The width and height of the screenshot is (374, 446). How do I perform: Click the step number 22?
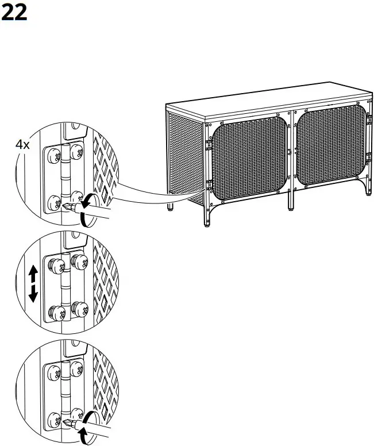tap(14, 12)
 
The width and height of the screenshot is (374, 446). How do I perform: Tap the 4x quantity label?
tap(22, 145)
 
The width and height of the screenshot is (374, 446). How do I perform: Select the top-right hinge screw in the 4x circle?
tap(77, 152)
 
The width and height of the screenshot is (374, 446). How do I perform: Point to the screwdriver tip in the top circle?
tap(66, 205)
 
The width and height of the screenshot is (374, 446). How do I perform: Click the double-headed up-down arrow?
tap(33, 283)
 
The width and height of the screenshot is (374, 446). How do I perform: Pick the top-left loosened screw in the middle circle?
tap(57, 266)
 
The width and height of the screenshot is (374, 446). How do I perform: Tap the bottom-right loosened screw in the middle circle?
tap(80, 309)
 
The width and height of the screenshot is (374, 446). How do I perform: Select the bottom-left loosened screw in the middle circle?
tap(57, 313)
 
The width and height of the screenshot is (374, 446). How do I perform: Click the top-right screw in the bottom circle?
tap(77, 368)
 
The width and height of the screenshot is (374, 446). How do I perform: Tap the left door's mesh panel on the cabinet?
tap(249, 158)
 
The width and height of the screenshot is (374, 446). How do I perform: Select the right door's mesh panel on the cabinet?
tap(331, 145)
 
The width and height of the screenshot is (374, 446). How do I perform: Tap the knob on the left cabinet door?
tap(289, 152)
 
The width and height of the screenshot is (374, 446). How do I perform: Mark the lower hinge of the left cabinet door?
tap(210, 185)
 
